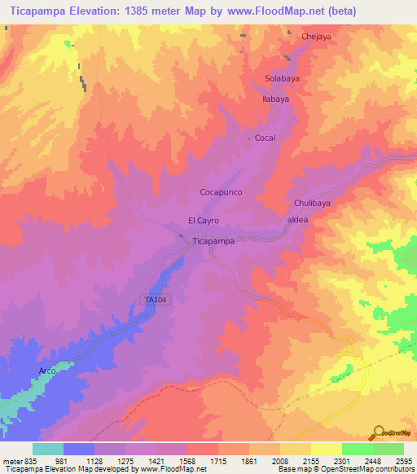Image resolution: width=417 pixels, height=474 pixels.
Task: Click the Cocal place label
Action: click(266, 138)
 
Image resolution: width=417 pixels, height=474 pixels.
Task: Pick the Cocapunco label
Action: click(222, 192)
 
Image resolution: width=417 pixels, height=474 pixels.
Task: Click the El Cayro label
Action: click(204, 221)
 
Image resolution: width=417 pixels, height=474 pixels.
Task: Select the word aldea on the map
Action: click(297, 220)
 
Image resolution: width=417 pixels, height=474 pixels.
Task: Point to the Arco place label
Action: click(48, 371)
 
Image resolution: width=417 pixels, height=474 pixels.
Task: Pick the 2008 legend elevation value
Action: click(282, 461)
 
